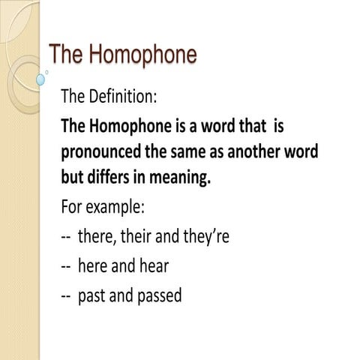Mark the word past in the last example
pyautogui.click(x=91, y=295)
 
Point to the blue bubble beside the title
pyautogui.click(x=41, y=77)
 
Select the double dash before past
pyautogui.click(x=66, y=295)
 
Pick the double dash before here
pyautogui.click(x=66, y=266)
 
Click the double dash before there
pyautogui.click(x=66, y=237)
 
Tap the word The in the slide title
pyautogui.click(x=65, y=55)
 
